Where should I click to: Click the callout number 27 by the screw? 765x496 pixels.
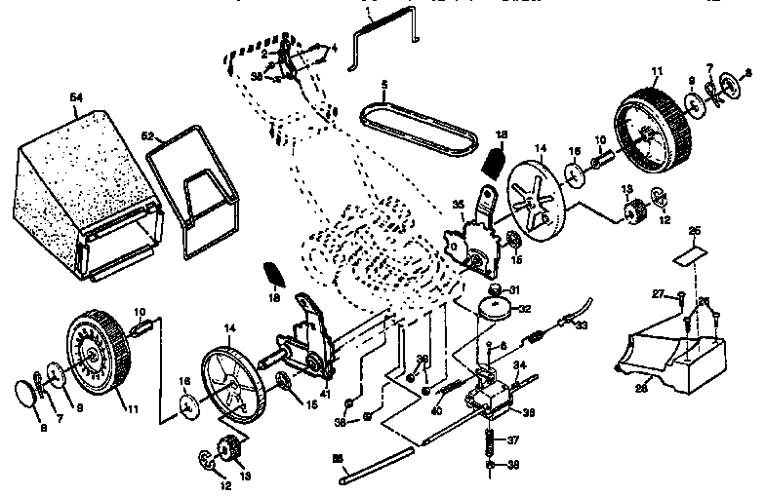click(657, 293)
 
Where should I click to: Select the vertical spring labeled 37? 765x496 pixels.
click(491, 443)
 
